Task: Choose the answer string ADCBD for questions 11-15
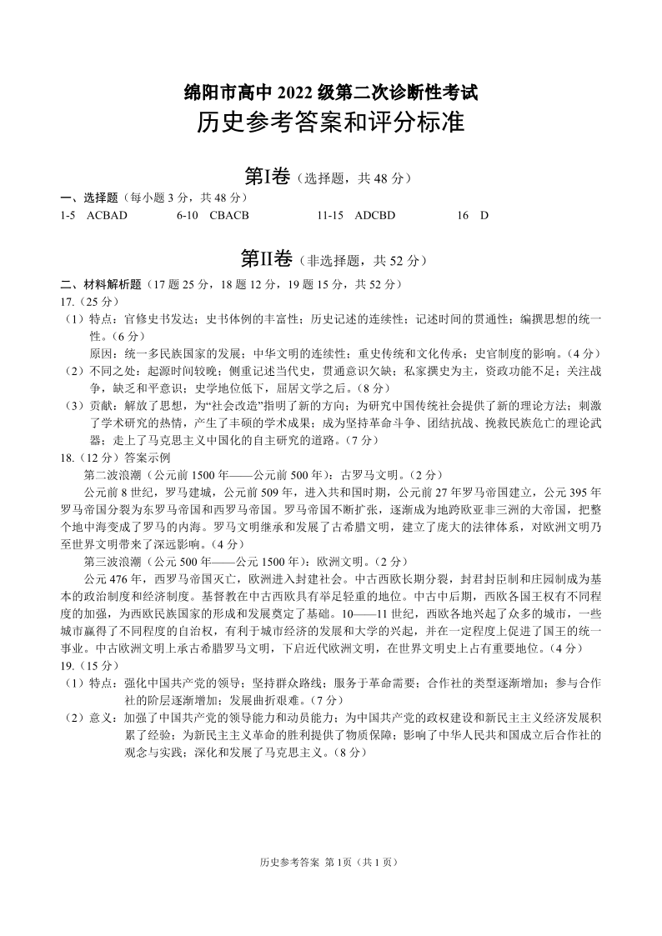(374, 215)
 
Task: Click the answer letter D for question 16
(484, 215)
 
